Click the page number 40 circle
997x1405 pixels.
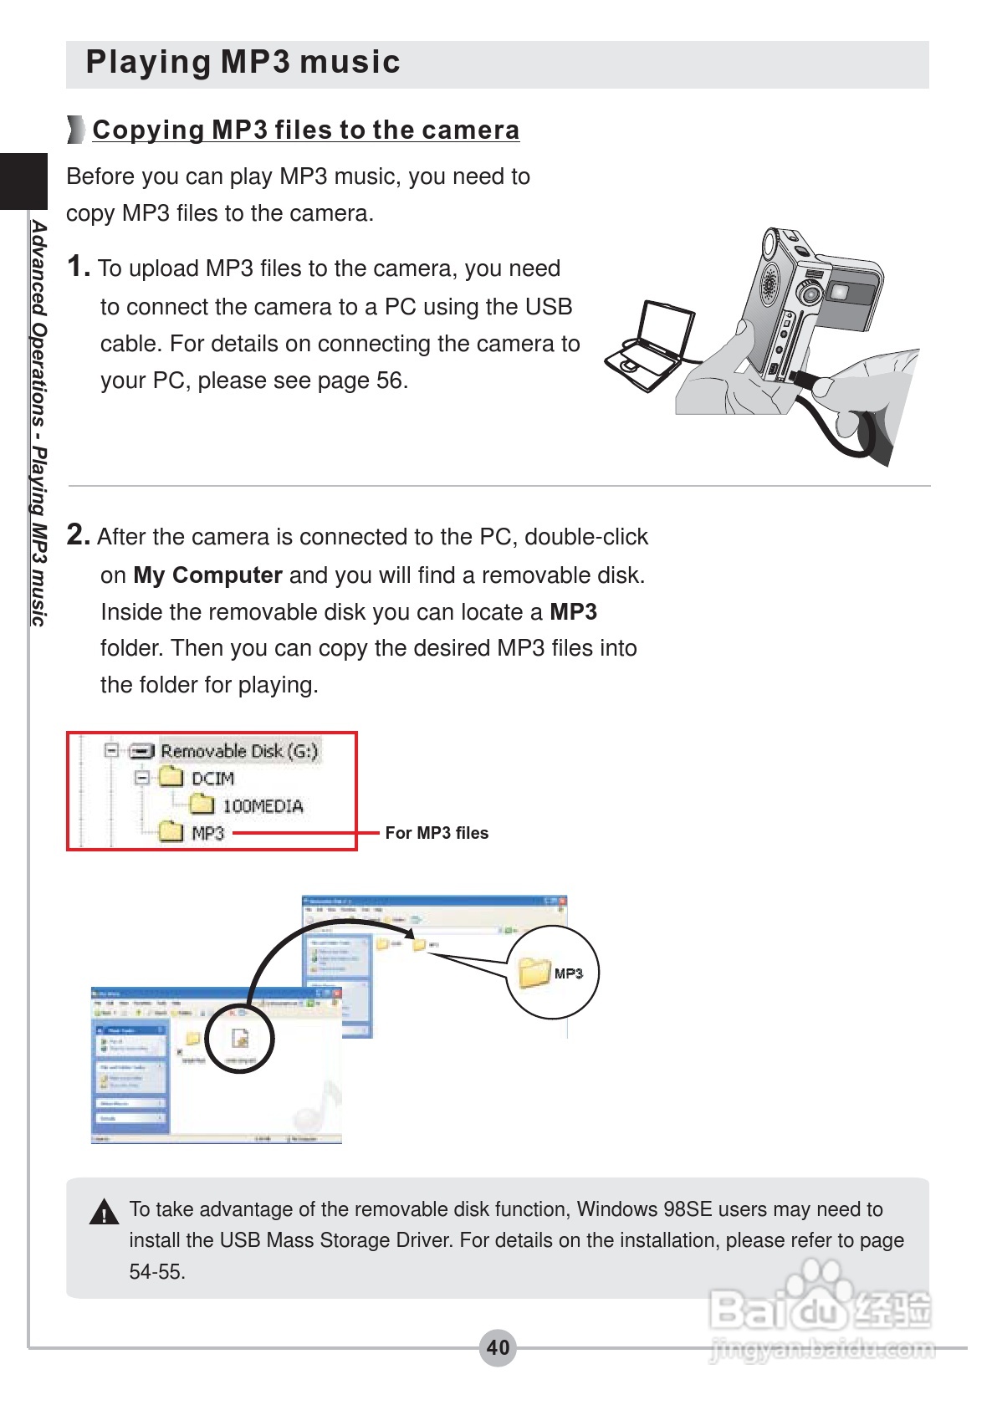[498, 1347]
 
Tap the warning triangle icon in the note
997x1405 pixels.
[104, 1213]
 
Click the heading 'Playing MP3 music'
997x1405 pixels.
[243, 63]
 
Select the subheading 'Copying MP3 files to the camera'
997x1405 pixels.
[305, 130]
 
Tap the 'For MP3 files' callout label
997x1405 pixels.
[437, 833]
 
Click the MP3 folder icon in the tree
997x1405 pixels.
[171, 832]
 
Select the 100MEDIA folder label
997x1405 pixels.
[262, 806]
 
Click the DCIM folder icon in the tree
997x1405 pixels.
[171, 778]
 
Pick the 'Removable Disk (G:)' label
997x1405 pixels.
[239, 751]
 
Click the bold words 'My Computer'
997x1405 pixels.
[207, 575]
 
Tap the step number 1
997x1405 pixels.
[77, 267]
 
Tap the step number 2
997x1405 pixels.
[77, 534]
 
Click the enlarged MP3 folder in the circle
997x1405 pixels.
[534, 973]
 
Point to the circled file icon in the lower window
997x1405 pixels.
[240, 1039]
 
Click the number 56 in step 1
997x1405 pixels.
[389, 381]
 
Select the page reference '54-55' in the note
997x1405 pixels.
[157, 1272]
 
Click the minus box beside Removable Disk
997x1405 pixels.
[111, 750]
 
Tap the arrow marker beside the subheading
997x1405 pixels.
[76, 130]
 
